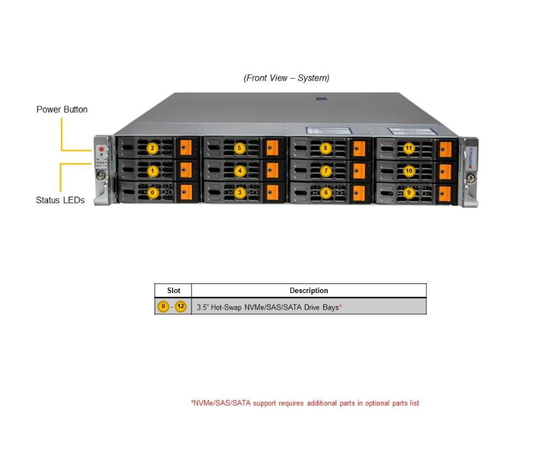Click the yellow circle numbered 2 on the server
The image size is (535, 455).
(152, 148)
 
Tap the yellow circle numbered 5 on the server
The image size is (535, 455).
(239, 148)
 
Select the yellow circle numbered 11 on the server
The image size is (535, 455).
(409, 148)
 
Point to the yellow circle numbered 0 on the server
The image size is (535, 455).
(152, 193)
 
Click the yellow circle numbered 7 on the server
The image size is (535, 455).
(325, 171)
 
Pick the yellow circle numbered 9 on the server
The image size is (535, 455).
(409, 193)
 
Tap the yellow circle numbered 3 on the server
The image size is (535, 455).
(239, 193)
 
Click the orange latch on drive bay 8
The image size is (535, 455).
(359, 149)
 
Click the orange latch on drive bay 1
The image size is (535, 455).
(186, 171)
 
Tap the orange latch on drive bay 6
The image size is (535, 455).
(359, 193)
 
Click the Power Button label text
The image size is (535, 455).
(62, 109)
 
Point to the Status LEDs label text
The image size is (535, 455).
(60, 201)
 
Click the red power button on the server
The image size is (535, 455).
(101, 149)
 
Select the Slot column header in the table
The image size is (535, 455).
(173, 290)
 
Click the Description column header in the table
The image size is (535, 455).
(309, 290)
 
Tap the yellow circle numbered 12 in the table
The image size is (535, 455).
(180, 307)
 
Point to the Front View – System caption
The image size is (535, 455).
(287, 78)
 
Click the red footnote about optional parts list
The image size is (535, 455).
(305, 403)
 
